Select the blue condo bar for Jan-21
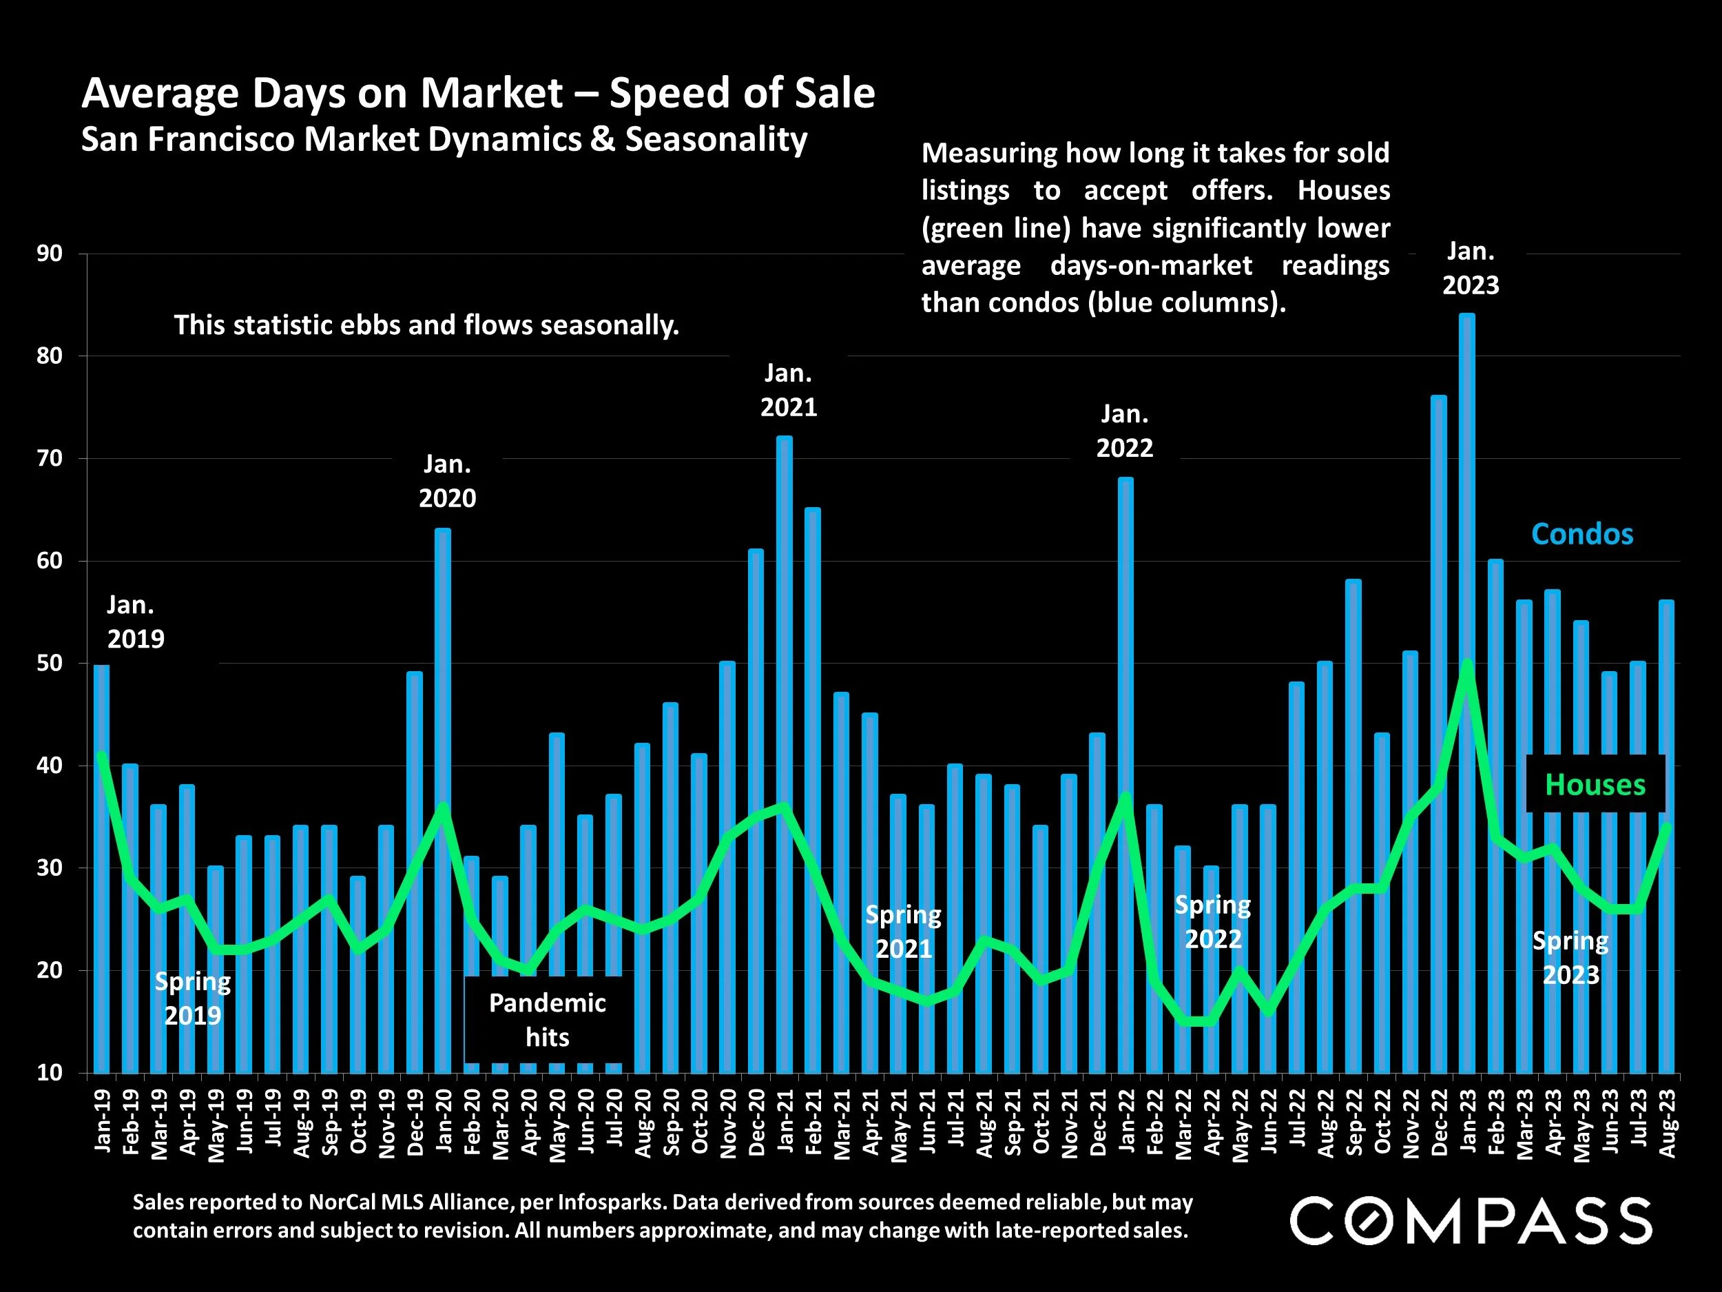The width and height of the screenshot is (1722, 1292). click(x=785, y=623)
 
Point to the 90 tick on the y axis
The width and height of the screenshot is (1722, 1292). click(x=49, y=254)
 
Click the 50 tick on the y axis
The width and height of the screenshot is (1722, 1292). click(x=49, y=664)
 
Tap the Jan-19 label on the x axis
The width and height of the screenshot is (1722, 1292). click(x=102, y=1120)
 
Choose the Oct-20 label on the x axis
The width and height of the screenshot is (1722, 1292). click(x=700, y=1120)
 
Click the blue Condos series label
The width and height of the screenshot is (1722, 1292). click(x=1582, y=534)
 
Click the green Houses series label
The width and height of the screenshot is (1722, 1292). click(x=1595, y=785)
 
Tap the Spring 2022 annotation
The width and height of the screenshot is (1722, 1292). click(x=1213, y=922)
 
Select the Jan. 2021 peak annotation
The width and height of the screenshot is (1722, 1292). click(x=789, y=390)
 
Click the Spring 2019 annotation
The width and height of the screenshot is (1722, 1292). click(x=192, y=998)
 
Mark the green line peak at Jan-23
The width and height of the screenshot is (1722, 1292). click(x=1467, y=664)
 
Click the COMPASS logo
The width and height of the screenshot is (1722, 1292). click(x=1471, y=1221)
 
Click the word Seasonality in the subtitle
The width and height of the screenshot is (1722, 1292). click(x=716, y=140)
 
